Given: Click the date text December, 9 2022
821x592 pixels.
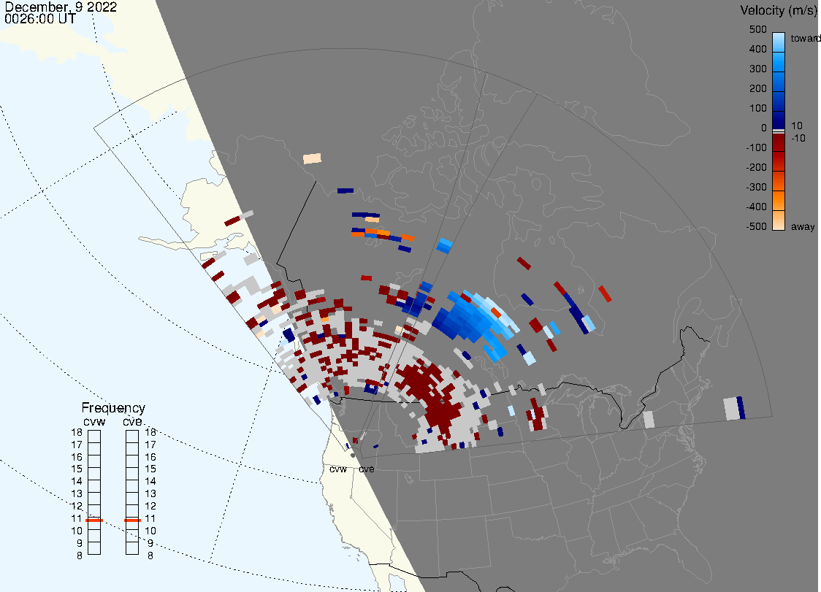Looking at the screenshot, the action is click(61, 7).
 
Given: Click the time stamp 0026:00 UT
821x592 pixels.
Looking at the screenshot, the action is click(39, 18).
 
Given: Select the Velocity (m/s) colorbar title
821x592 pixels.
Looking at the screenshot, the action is click(777, 10).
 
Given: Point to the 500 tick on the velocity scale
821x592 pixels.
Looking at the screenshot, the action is click(757, 29).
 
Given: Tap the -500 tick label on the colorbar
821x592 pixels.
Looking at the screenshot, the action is click(756, 226).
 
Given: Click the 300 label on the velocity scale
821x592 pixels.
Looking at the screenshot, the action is click(757, 69).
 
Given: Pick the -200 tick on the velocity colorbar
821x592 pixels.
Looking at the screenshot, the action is click(756, 167).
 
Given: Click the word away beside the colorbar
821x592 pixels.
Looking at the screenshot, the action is click(803, 226).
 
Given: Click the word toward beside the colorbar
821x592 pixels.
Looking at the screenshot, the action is click(805, 38).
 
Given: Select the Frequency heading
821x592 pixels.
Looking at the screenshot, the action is click(113, 408).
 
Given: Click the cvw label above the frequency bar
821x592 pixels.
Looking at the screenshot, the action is click(94, 422).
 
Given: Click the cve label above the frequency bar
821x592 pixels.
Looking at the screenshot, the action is click(132, 422).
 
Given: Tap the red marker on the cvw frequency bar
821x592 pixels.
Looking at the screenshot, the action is click(94, 520).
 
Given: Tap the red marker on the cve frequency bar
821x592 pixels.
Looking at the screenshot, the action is click(132, 520).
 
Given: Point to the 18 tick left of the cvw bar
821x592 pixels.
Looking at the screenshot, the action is click(77, 432).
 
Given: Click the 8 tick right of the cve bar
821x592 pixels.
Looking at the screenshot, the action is click(150, 556).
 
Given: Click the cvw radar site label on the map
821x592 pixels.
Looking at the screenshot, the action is click(338, 469).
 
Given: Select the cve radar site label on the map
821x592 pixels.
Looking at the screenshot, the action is click(367, 469).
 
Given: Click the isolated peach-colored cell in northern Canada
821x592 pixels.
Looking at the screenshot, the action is click(312, 158).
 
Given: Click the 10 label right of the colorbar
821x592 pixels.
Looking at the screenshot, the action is click(796, 126).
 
